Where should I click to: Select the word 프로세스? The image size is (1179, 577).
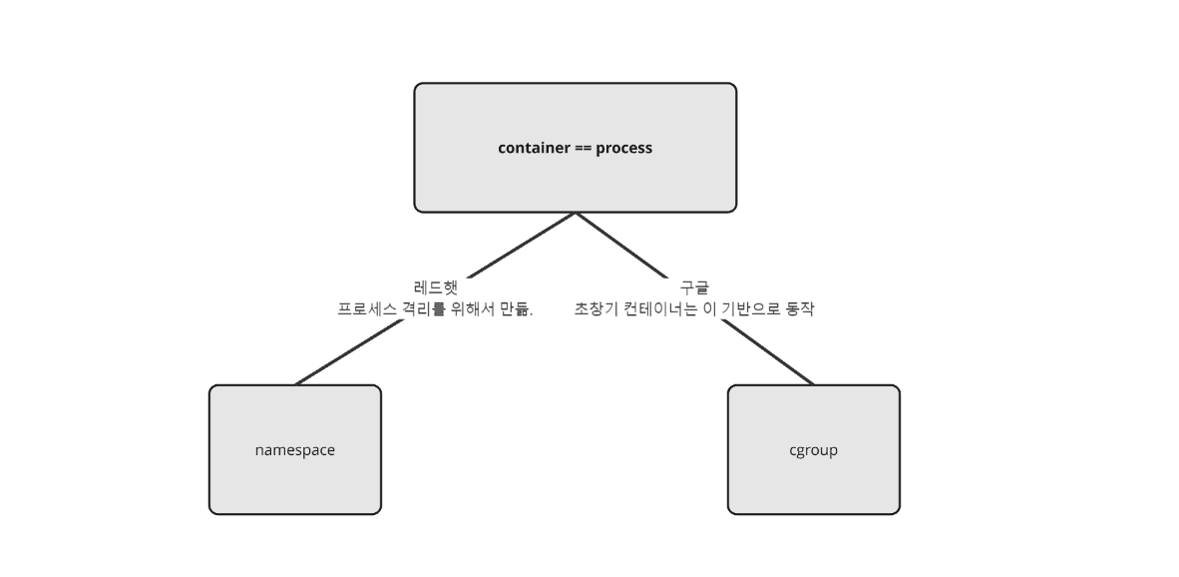point(366,309)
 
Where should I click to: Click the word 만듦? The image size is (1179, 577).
point(517,309)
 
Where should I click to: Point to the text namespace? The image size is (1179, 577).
point(294,450)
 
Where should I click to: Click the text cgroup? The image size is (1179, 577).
point(813,450)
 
